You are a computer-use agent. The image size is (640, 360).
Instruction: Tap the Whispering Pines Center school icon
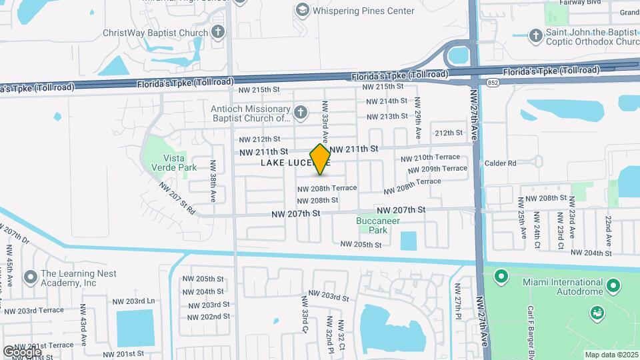pos(303,10)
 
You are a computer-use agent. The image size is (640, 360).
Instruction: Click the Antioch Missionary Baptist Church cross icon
pos(301,111)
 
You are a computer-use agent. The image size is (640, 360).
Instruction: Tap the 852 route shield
pos(493,82)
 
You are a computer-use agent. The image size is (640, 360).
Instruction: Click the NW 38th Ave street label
pos(213,181)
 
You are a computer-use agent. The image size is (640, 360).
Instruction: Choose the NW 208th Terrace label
pos(327,189)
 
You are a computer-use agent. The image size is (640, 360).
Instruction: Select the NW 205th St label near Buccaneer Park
pos(361,245)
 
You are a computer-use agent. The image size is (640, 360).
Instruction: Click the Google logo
pos(21,351)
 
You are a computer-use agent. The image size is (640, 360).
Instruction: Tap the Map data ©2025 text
pos(611,355)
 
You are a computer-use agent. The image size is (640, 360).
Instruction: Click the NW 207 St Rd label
pos(177,199)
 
